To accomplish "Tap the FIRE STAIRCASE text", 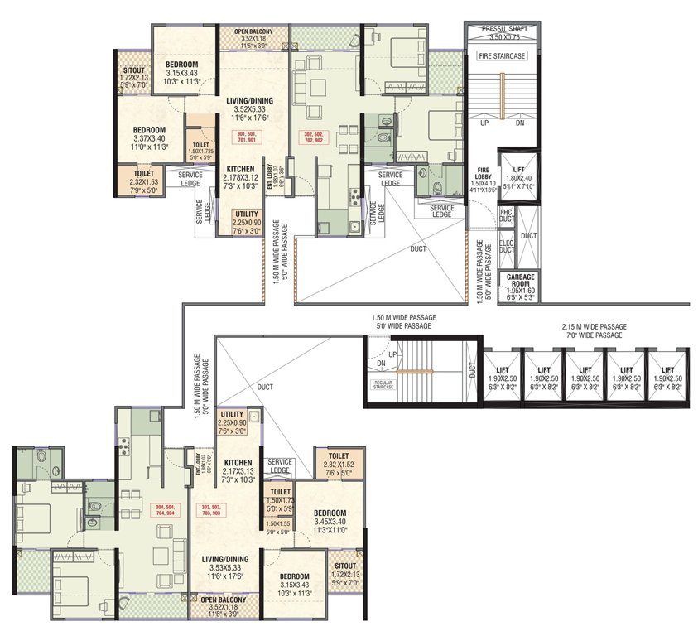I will [x=502, y=55].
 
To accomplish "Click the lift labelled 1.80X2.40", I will [x=518, y=178].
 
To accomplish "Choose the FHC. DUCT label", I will [x=507, y=216].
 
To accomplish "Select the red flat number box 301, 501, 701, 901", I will [x=248, y=137].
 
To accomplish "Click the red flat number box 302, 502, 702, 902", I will [x=315, y=137].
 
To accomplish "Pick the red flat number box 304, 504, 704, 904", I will [x=162, y=510].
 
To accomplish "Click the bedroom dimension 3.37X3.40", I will [x=149, y=138].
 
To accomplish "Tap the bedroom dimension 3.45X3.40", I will [x=330, y=522].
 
